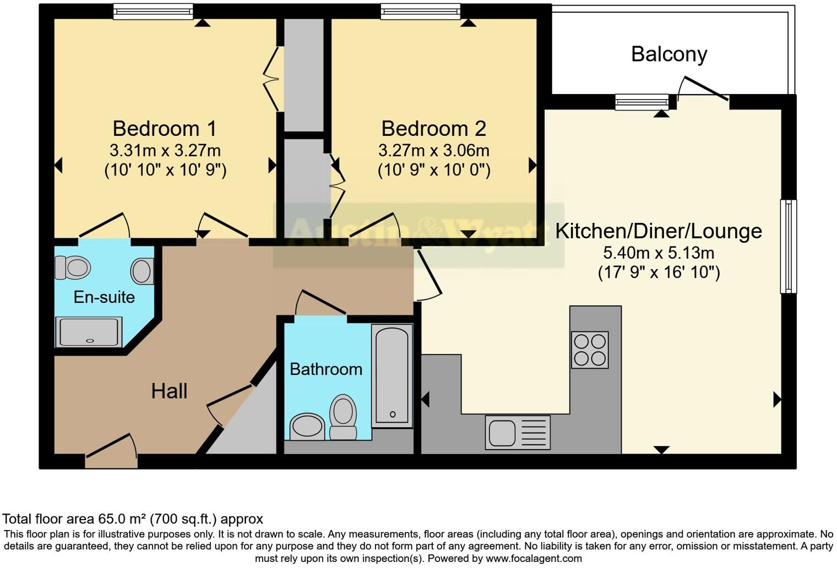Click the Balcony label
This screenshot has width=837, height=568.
point(668,54)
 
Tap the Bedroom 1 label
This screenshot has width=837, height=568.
point(165,128)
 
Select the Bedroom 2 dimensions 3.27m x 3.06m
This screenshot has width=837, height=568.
point(433,150)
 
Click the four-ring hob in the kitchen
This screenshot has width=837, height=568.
point(590,349)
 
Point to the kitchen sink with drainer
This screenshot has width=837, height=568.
point(518,432)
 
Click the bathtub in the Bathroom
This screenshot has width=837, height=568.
point(392,375)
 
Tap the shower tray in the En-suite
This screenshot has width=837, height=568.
point(88,332)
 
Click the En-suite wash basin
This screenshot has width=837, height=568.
point(142,271)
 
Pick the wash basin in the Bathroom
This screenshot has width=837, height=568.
point(307,427)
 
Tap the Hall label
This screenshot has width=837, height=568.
point(169,391)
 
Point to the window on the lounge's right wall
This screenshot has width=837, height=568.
point(788,246)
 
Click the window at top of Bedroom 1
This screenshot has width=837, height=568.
point(153,12)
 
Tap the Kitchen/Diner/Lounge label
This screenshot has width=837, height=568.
point(658,231)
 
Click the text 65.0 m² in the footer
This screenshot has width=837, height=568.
point(121,518)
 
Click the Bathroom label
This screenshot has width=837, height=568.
point(326,369)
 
